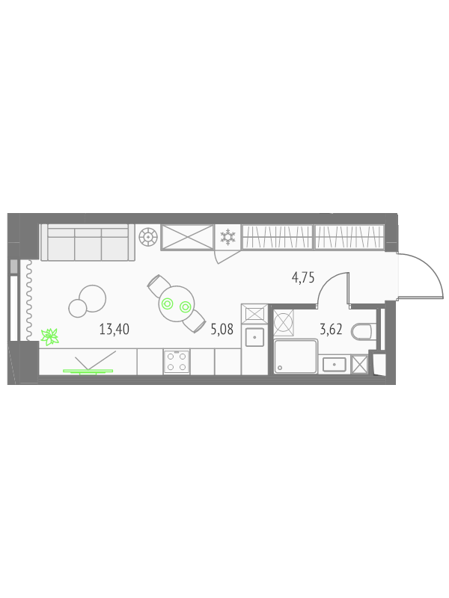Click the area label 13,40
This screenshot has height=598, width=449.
(114, 329)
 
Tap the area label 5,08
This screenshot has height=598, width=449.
(222, 329)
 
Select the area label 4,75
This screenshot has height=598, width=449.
(303, 277)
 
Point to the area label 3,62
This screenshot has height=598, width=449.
(331, 329)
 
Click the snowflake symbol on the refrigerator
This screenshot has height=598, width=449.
(228, 237)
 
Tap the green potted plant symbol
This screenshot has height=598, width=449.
(50, 337)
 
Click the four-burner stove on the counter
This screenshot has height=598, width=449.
(177, 362)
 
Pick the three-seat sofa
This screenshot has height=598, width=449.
(88, 242)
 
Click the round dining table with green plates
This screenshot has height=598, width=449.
(177, 304)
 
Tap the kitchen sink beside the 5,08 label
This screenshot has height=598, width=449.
(254, 337)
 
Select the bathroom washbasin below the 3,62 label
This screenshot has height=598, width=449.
(335, 364)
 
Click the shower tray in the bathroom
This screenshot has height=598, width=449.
(296, 357)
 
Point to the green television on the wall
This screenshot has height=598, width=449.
(88, 371)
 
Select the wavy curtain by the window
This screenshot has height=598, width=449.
(28, 300)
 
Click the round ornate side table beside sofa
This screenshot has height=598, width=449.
(148, 237)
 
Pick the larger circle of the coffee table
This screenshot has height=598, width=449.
(92, 298)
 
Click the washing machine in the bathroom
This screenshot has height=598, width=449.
(284, 323)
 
